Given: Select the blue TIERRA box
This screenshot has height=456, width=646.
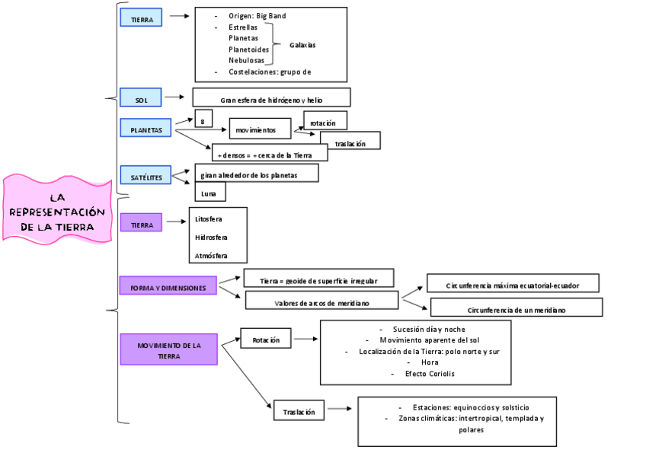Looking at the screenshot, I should pyautogui.click(x=141, y=18).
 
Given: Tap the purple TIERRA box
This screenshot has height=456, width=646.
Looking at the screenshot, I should pyautogui.click(x=141, y=222).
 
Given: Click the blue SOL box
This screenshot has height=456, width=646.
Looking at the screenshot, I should pyautogui.click(x=141, y=97).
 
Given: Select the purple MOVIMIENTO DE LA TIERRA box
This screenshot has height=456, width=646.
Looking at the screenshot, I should pyautogui.click(x=168, y=349).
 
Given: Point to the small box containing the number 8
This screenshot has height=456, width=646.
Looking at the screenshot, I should pyautogui.click(x=203, y=120).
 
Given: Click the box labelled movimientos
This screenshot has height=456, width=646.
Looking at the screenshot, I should pyautogui.click(x=261, y=129).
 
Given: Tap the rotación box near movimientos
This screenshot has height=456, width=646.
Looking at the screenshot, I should pyautogui.click(x=325, y=120).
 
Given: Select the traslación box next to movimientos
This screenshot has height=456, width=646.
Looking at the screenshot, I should pyautogui.click(x=350, y=141).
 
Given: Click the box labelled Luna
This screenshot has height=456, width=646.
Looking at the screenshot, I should pyautogui.click(x=209, y=192).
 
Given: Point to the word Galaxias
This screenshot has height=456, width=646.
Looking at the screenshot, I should pyautogui.click(x=302, y=45).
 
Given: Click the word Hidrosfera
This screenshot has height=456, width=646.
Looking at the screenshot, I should pyautogui.click(x=211, y=238).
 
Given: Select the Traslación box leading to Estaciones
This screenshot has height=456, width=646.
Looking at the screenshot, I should pyautogui.click(x=299, y=410).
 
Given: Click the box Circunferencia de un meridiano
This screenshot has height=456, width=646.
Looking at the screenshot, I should pyautogui.click(x=516, y=308).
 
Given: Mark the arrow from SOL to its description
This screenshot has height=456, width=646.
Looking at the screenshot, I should pyautogui.click(x=174, y=97).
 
